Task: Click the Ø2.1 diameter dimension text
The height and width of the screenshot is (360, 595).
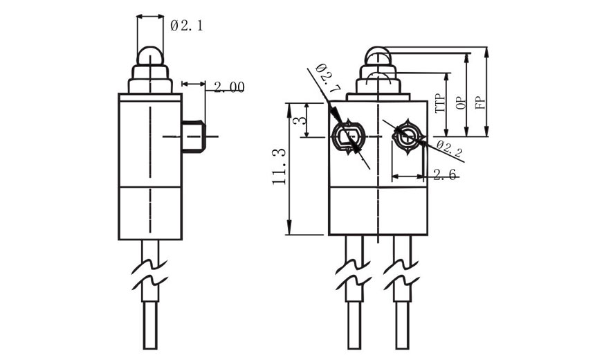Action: (187, 26)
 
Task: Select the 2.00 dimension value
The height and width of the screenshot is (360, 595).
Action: (228, 87)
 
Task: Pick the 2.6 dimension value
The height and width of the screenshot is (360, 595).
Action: (444, 175)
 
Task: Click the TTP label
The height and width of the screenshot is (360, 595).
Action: (439, 103)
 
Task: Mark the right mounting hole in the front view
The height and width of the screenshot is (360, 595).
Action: (405, 136)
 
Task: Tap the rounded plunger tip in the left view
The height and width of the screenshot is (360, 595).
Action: (150, 55)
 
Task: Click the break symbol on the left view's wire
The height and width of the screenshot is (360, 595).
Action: (152, 274)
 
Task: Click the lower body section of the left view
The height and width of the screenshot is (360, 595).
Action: (150, 211)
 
